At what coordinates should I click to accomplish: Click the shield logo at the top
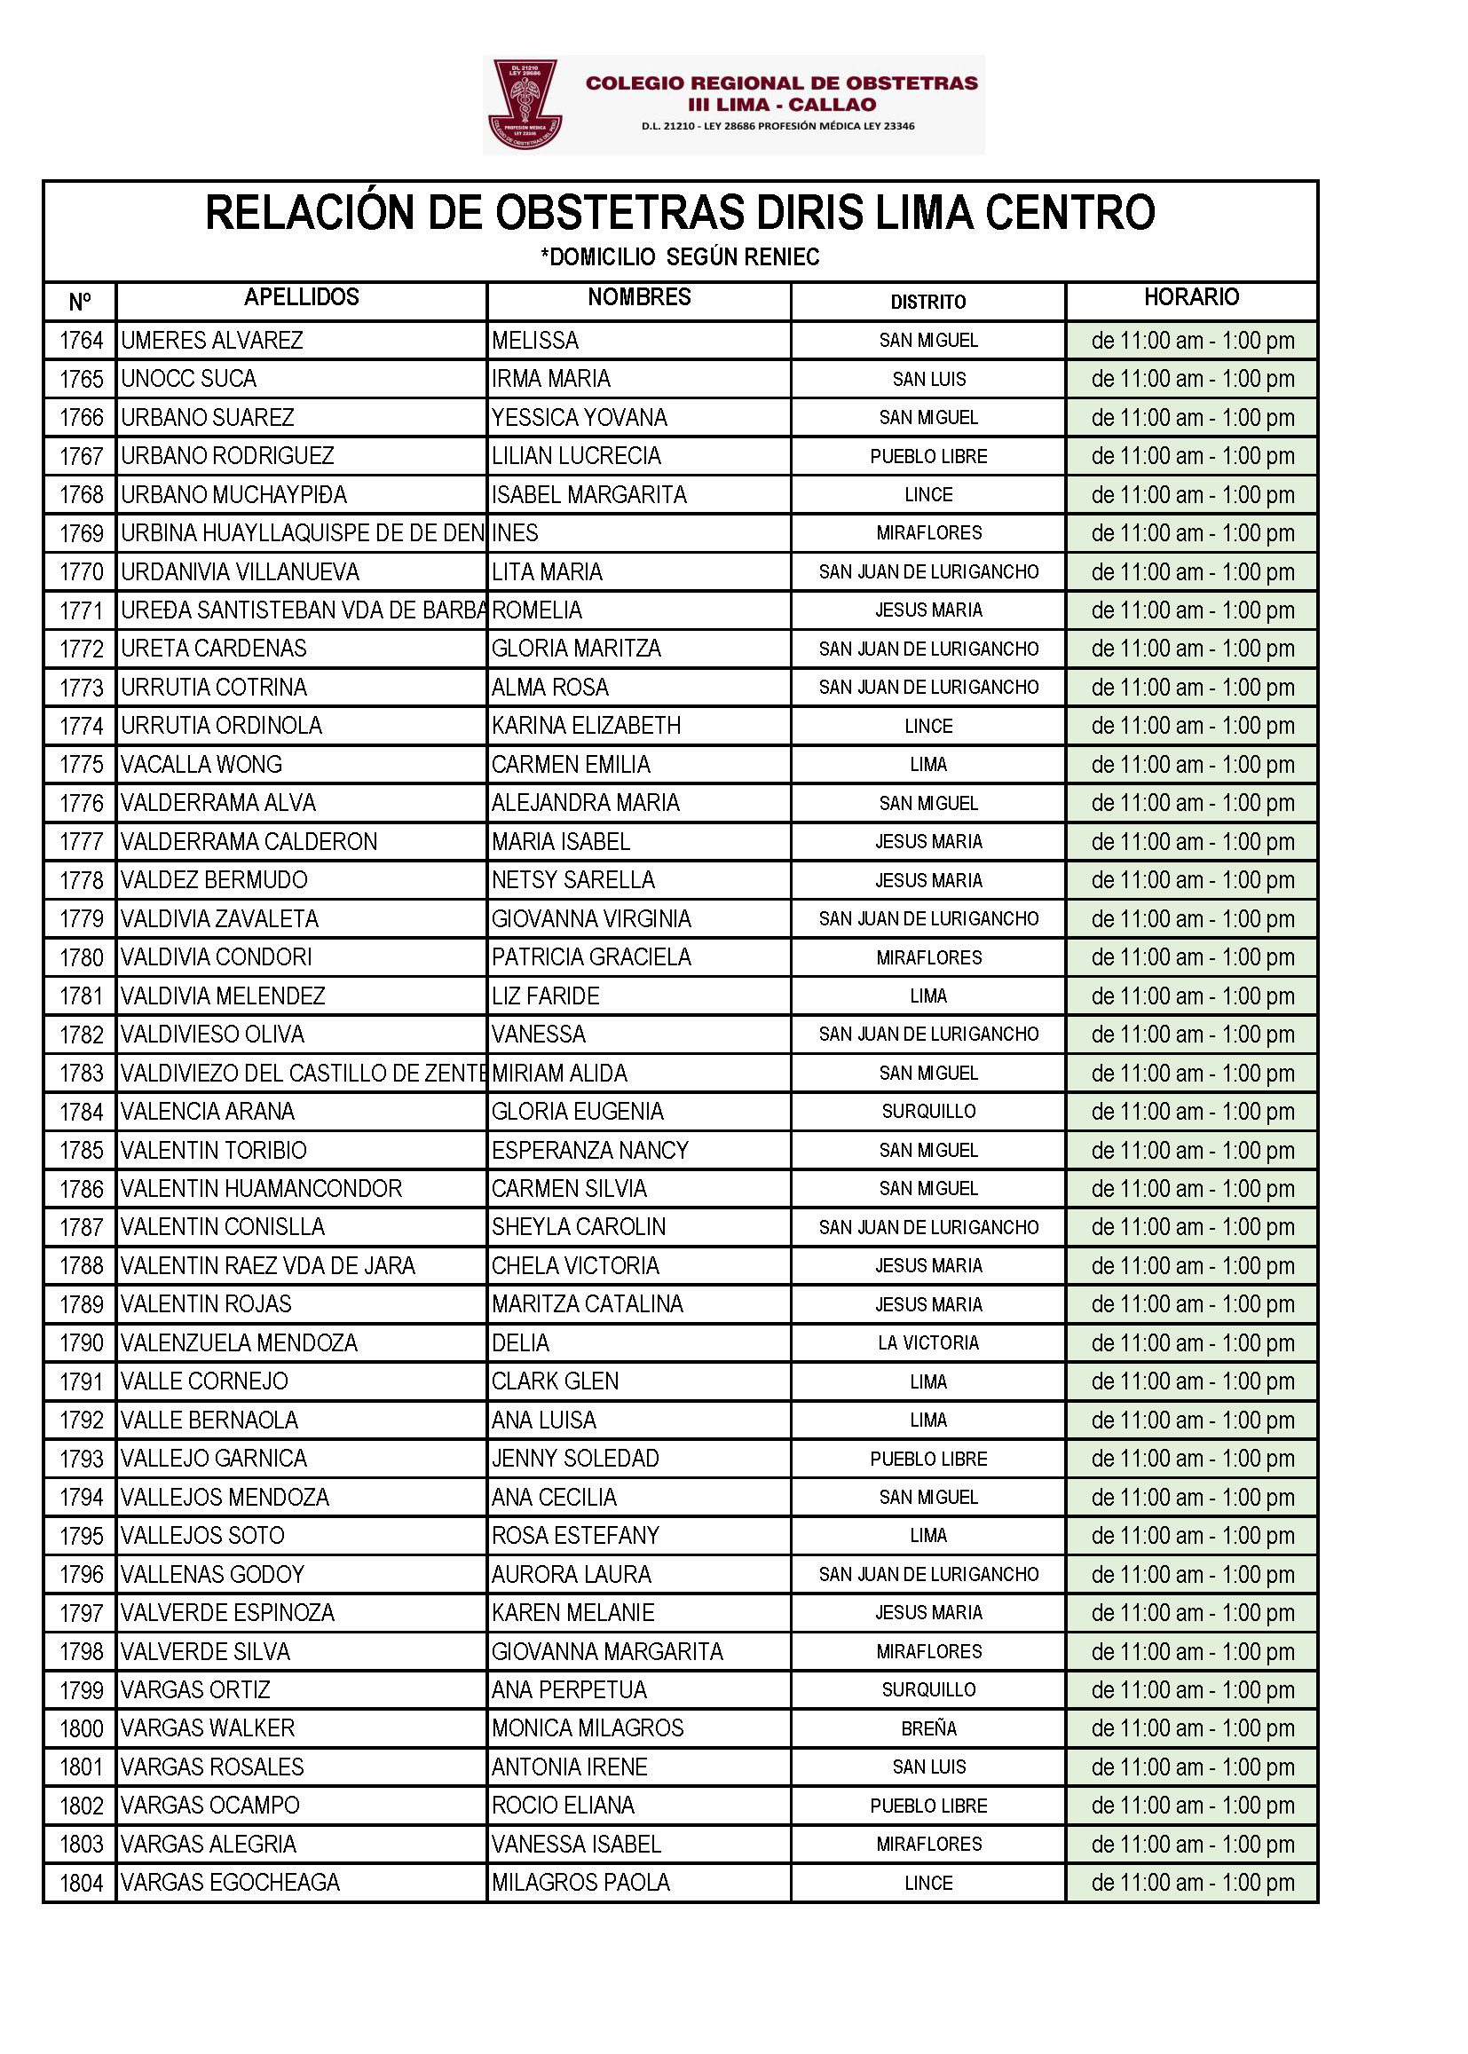[525, 104]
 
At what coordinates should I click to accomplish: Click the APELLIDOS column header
[301, 297]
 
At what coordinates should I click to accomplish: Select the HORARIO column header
[1191, 297]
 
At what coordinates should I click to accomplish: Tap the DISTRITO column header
[928, 302]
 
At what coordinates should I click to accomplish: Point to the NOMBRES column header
[639, 297]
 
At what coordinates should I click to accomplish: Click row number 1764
[82, 341]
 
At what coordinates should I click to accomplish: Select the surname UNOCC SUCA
[189, 379]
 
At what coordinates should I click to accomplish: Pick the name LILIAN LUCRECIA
[576, 455]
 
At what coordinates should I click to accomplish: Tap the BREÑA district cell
[928, 1727]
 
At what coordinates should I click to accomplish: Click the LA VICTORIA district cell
[928, 1342]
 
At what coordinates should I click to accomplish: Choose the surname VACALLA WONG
[201, 765]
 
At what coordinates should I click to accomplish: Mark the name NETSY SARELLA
[573, 880]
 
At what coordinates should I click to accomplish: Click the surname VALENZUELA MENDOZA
[240, 1342]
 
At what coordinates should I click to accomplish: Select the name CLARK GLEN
[555, 1381]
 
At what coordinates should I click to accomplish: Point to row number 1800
[82, 1728]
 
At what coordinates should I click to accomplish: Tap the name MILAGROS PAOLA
[580, 1882]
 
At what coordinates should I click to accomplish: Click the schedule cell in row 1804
[1192, 1882]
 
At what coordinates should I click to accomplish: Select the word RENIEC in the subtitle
[783, 257]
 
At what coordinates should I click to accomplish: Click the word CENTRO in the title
[1069, 213]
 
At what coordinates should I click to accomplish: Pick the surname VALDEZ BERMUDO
[214, 880]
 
